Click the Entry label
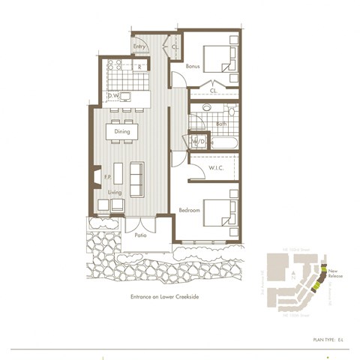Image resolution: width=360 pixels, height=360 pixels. tap(139, 46)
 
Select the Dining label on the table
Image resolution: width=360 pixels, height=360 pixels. tap(122, 131)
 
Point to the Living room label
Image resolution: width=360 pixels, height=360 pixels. tap(114, 192)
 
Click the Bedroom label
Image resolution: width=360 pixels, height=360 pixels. tap(189, 211)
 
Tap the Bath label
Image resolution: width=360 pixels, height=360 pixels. tap(220, 124)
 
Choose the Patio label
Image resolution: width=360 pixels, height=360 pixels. tap(140, 234)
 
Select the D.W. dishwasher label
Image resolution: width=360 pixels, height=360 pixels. tap(112, 95)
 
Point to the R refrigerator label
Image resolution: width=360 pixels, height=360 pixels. tap(139, 67)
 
